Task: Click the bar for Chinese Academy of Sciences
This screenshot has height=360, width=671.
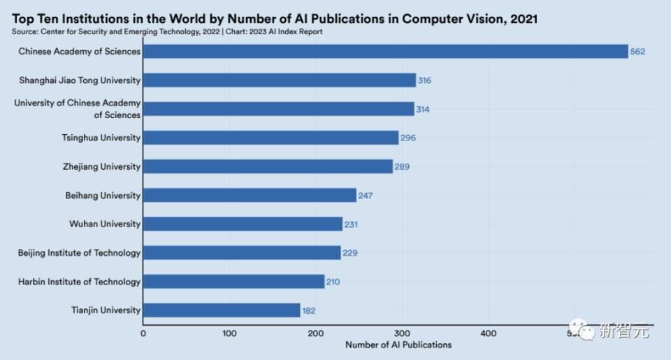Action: click(385, 52)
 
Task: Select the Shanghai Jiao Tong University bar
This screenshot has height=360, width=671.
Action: click(280, 80)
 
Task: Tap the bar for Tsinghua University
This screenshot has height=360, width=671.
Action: click(271, 138)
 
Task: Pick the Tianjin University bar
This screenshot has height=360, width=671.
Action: click(222, 310)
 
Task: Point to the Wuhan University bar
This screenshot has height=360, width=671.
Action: click(243, 224)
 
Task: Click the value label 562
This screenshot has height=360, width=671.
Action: click(637, 52)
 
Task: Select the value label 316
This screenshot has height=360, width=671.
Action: click(424, 80)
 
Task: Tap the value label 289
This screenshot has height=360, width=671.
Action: click(402, 167)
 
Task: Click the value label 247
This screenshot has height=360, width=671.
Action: click(366, 196)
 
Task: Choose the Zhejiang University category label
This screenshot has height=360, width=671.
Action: click(101, 167)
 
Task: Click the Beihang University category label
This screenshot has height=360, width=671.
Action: click(103, 196)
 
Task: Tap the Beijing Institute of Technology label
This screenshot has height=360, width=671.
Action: click(80, 253)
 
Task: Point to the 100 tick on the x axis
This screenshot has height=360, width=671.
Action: click(229, 333)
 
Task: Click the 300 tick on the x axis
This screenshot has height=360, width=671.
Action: click(402, 333)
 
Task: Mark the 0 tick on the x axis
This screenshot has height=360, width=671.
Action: click(143, 333)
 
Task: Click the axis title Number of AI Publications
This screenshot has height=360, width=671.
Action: click(398, 345)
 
